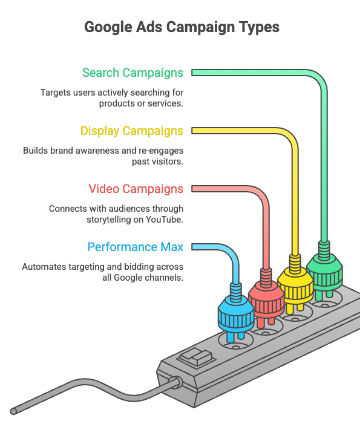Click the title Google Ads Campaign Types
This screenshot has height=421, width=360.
click(x=182, y=27)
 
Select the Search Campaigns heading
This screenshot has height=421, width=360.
click(x=133, y=73)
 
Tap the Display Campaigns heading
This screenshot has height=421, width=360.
click(x=132, y=131)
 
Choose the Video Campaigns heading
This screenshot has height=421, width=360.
click(x=136, y=189)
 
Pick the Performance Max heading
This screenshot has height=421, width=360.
click(x=136, y=247)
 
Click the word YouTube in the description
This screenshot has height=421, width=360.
click(x=165, y=220)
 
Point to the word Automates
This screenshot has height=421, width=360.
click(x=40, y=267)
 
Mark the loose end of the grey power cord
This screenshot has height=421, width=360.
click(x=13, y=411)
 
